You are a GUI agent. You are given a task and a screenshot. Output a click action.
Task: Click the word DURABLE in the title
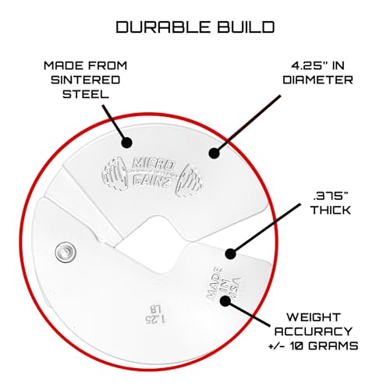(x=163, y=27)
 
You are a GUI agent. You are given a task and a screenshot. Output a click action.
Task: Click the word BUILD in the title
(x=246, y=27)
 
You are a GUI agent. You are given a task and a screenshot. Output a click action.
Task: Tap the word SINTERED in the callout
(x=85, y=80)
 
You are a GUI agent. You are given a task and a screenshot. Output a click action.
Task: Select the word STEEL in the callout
(x=85, y=94)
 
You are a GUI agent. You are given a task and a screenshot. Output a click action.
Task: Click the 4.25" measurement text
(x=309, y=66)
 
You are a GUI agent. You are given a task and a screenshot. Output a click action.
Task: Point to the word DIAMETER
(x=317, y=80)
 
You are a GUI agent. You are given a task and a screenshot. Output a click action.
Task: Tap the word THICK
(x=331, y=210)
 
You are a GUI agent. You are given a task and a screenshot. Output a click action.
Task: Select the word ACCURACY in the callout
(x=314, y=331)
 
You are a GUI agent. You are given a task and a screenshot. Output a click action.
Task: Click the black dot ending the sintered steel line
(x=127, y=143)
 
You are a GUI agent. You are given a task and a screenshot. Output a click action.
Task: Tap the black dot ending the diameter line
(x=214, y=153)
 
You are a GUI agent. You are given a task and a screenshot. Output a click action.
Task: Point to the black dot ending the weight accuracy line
(x=225, y=301)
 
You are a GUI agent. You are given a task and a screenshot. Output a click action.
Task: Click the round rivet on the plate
(x=66, y=252)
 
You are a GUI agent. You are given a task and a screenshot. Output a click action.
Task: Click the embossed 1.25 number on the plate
(x=155, y=320)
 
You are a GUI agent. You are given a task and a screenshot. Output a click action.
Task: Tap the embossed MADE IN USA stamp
(x=224, y=284)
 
